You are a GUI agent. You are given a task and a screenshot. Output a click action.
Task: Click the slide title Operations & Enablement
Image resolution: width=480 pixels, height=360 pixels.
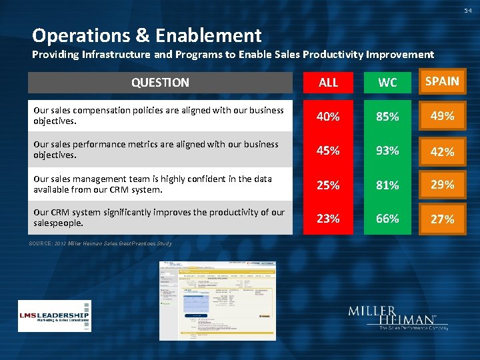147,35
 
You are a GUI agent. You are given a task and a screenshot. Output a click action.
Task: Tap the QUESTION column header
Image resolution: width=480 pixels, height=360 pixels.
160,83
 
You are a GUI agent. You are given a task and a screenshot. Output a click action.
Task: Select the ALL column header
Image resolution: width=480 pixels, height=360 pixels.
328,83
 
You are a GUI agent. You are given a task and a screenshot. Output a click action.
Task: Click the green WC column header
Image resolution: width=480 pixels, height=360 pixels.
387,83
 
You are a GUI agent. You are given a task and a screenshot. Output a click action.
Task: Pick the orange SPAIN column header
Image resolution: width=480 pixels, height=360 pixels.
442,81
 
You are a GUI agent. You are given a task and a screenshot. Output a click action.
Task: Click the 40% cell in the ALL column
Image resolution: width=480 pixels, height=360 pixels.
328,117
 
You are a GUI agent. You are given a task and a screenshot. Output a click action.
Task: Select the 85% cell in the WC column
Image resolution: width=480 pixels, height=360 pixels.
387,117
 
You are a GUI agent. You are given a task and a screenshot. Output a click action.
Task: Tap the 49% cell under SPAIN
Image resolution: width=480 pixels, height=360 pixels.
442,116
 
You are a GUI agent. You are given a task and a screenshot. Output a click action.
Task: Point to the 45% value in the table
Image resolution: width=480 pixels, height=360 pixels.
328,151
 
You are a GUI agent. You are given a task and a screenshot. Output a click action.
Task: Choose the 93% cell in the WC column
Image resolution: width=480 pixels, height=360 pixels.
387,151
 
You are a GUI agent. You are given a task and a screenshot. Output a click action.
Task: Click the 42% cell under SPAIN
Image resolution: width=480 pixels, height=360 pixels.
442,151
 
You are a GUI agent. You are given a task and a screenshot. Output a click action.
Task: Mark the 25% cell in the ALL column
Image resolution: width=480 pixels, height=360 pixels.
328,185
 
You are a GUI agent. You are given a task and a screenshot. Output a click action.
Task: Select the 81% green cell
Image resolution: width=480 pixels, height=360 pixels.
387,185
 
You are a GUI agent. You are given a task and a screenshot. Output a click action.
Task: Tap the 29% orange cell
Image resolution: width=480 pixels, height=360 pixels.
442,185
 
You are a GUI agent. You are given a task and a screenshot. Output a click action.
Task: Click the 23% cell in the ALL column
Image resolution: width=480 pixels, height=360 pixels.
328,218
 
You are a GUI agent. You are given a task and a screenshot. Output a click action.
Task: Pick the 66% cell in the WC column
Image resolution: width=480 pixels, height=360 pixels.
387,218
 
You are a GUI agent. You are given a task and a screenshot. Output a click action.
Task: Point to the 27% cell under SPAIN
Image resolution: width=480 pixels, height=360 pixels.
442,219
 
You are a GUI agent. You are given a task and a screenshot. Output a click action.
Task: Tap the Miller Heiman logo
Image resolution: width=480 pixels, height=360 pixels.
397,318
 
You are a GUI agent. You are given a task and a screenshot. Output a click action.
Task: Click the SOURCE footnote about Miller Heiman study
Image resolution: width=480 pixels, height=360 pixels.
100,243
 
